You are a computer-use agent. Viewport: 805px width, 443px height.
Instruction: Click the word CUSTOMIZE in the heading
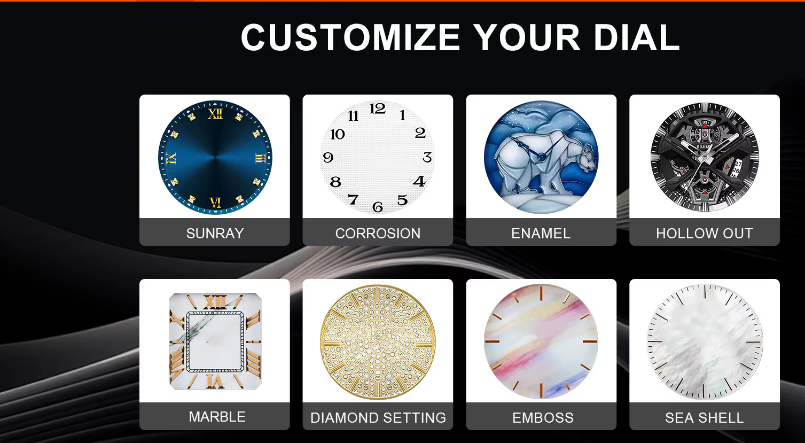(350, 37)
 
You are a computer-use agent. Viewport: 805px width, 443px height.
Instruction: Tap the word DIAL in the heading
(636, 37)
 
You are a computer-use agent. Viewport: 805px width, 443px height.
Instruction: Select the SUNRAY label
(215, 234)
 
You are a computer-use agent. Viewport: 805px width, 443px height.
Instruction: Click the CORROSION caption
(378, 234)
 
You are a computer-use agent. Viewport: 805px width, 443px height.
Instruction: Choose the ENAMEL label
(541, 234)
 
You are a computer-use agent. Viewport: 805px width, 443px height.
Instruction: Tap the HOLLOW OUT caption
(705, 234)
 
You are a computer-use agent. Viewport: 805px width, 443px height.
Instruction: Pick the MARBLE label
(217, 417)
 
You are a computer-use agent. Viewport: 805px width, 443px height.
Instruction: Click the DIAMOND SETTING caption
(378, 418)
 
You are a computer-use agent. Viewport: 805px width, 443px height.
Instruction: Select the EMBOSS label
(543, 418)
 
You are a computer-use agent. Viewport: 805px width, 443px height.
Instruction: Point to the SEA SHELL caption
(705, 418)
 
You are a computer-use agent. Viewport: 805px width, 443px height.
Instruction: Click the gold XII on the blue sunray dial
(215, 114)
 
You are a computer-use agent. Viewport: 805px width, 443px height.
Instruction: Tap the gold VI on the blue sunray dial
(215, 203)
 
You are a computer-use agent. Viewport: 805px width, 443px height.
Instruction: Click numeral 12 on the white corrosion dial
(378, 108)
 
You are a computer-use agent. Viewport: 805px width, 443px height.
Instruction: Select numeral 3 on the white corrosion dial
(427, 157)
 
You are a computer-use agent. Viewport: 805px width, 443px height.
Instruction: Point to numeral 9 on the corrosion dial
(328, 157)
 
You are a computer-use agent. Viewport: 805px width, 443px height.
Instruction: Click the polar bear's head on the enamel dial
(587, 158)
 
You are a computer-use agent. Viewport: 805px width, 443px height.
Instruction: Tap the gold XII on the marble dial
(215, 302)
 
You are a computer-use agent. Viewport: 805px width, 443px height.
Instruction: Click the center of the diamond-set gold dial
(378, 341)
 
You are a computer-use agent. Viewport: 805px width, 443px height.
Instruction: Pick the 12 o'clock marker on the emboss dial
(541, 293)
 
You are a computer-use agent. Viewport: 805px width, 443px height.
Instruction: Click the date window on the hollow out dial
(737, 168)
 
